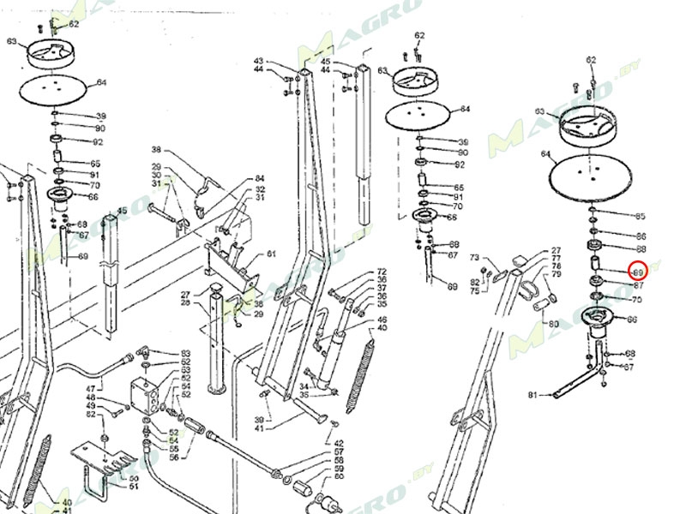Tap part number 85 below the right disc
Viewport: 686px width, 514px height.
640,216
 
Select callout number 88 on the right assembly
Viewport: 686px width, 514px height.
640,248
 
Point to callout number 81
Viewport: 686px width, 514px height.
533,395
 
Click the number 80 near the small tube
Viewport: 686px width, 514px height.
553,324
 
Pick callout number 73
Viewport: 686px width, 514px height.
474,258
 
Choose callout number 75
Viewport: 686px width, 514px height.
474,291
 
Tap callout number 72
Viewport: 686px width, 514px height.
382,272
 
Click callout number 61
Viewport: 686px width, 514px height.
271,254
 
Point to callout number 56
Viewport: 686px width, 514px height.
173,457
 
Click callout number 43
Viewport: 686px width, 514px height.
258,61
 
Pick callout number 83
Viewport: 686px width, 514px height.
185,353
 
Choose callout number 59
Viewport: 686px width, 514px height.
339,469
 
